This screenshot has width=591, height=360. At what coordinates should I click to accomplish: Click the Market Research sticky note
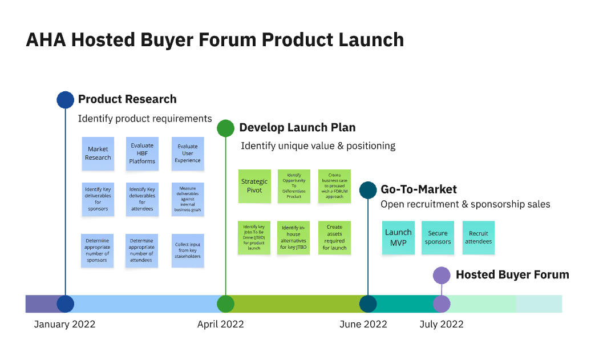(x=98, y=153)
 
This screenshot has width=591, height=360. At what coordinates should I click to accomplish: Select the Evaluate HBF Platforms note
(x=142, y=153)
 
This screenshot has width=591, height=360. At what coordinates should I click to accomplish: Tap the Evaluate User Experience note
(x=188, y=153)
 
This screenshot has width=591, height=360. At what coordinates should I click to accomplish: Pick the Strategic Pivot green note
(x=254, y=186)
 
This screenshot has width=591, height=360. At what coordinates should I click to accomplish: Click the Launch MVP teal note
(x=398, y=237)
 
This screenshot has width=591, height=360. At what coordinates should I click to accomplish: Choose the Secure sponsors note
(x=438, y=237)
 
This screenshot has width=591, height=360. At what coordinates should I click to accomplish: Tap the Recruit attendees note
(x=479, y=237)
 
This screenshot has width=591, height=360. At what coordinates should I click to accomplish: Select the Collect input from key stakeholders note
(x=188, y=251)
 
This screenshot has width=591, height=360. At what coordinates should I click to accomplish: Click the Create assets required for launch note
(x=334, y=237)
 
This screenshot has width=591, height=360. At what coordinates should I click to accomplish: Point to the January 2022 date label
(x=64, y=325)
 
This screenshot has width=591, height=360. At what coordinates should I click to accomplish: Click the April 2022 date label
(x=220, y=325)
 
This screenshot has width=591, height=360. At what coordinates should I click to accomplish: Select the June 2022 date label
(x=363, y=325)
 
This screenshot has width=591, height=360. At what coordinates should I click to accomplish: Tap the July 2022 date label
(x=442, y=325)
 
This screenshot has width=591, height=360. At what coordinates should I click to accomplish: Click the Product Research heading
(x=127, y=99)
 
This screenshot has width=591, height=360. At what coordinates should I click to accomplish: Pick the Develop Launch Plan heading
(x=297, y=128)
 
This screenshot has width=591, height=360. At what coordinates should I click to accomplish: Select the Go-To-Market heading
(x=419, y=189)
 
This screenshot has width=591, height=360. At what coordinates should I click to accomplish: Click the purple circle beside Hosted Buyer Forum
(x=442, y=276)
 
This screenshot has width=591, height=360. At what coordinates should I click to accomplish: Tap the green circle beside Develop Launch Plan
(x=226, y=128)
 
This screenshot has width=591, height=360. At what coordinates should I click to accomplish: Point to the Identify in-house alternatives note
(x=294, y=237)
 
